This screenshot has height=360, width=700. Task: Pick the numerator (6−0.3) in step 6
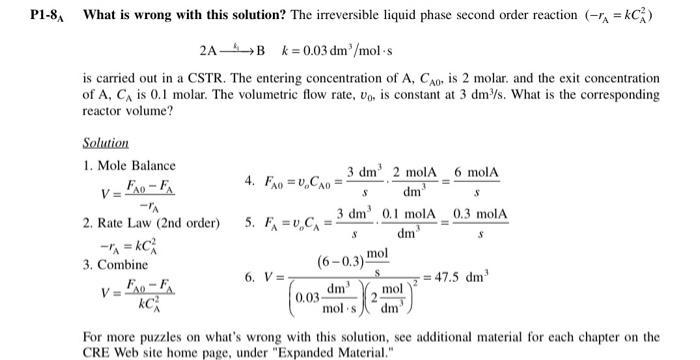pyautogui.click(x=343, y=261)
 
